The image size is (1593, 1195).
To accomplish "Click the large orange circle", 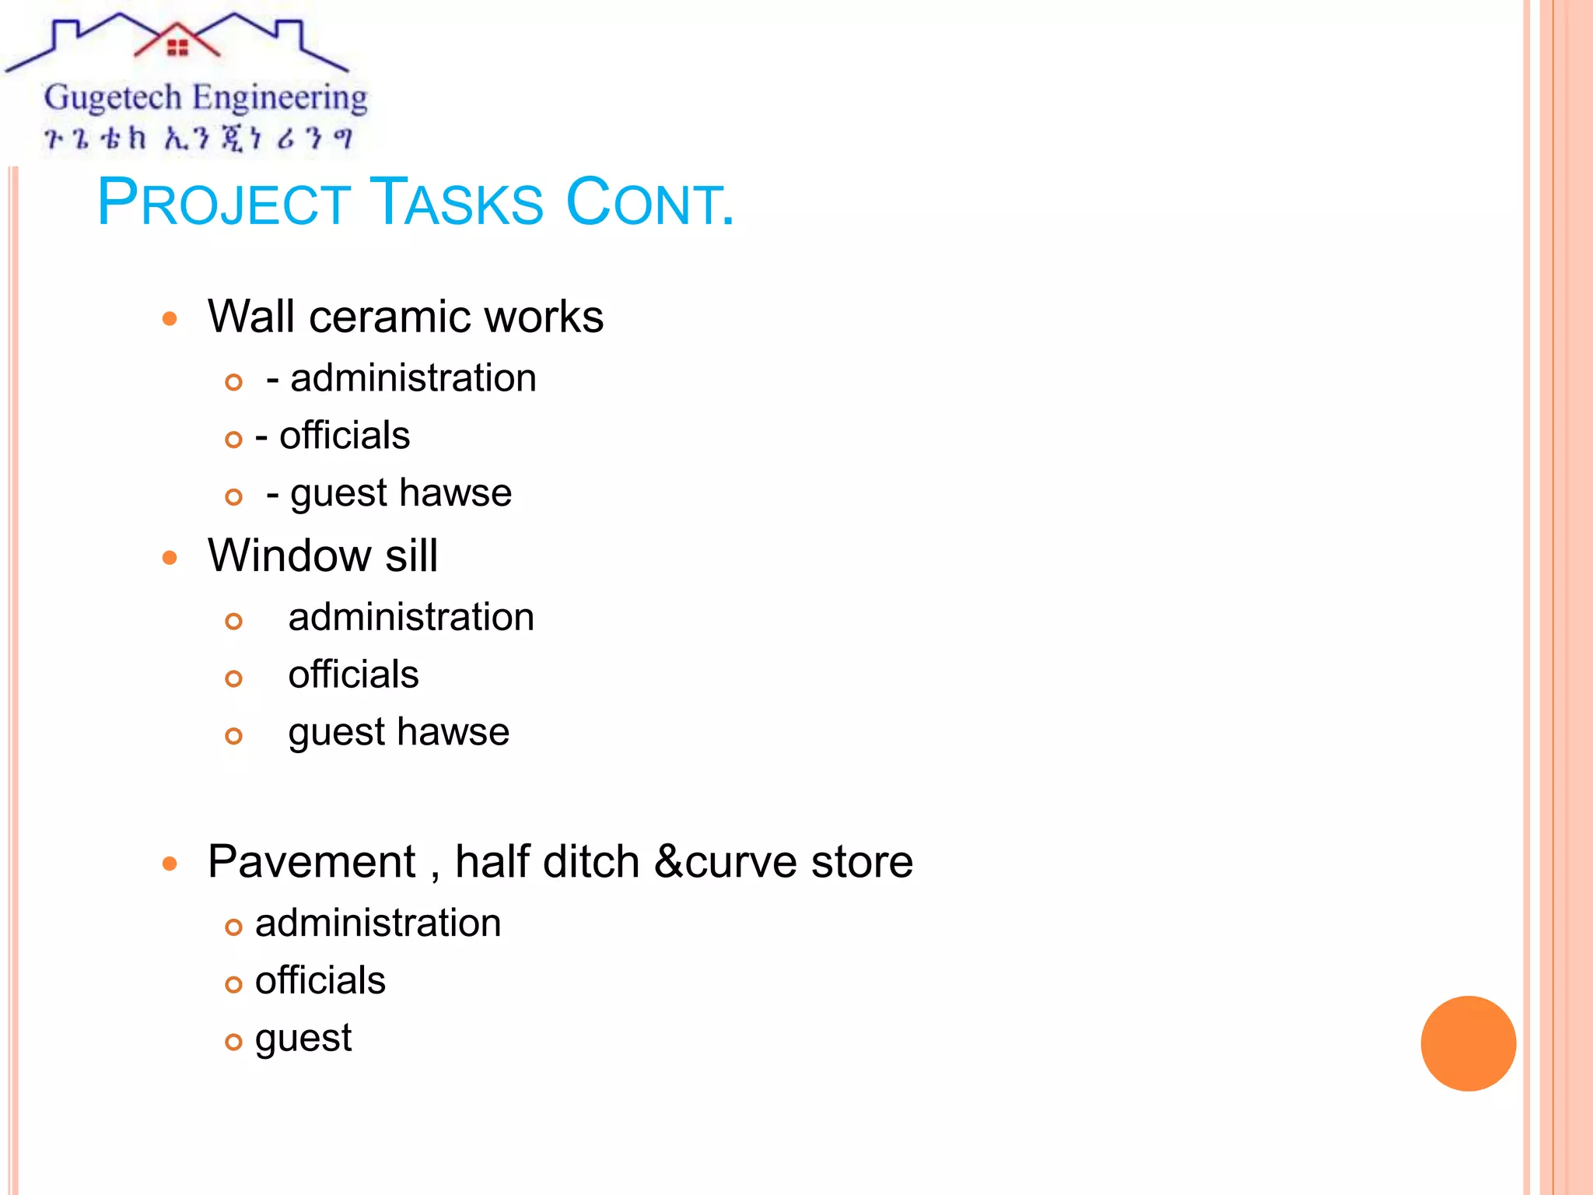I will [x=1468, y=1043].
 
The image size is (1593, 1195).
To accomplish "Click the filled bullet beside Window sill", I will [x=170, y=558].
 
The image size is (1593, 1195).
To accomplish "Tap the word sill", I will [x=411, y=555].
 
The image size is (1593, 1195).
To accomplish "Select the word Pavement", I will [x=312, y=862].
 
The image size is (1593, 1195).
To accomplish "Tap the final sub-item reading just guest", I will [x=303, y=1039].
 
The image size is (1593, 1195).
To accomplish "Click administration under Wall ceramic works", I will [x=413, y=379].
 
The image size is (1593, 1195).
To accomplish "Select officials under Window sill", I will [x=353, y=675].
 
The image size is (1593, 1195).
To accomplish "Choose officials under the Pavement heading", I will [x=320, y=980].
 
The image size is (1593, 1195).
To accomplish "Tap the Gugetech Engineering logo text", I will [x=205, y=98].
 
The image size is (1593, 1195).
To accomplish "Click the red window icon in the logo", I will [x=178, y=48].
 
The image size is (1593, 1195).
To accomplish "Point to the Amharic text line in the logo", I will [x=198, y=138].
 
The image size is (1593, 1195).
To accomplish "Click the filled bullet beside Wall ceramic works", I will [x=170, y=319].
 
